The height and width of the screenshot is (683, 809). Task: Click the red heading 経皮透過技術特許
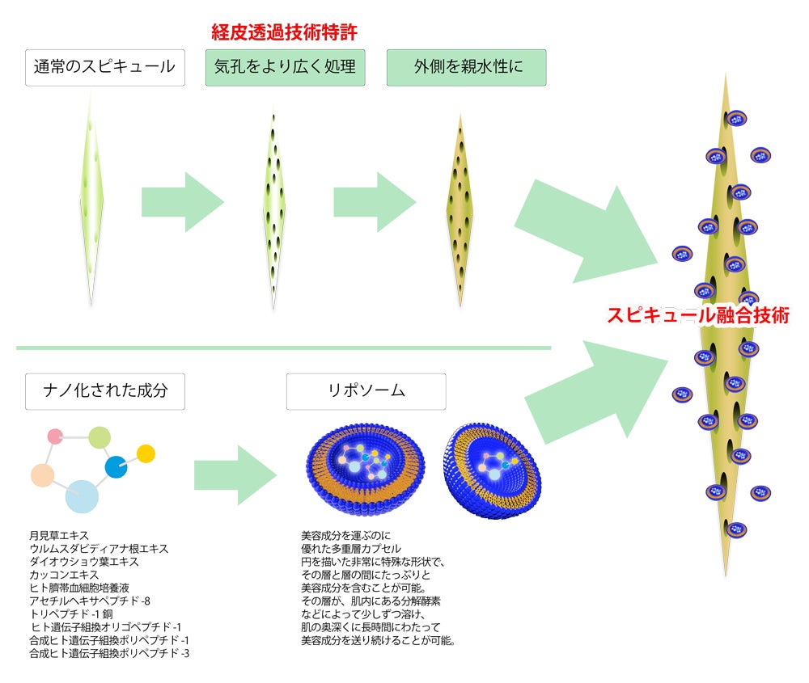pyautogui.click(x=284, y=33)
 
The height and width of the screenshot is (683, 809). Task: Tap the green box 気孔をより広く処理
pyautogui.click(x=285, y=67)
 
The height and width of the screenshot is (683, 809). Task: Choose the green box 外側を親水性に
pyautogui.click(x=466, y=67)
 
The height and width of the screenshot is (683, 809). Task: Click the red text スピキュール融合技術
pyautogui.click(x=697, y=315)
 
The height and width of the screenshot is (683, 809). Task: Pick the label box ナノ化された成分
pyautogui.click(x=105, y=390)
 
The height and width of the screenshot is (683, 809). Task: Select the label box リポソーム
pyautogui.click(x=366, y=390)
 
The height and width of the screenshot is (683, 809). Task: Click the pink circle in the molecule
pyautogui.click(x=56, y=437)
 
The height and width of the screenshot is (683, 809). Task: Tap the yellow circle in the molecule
pyautogui.click(x=146, y=453)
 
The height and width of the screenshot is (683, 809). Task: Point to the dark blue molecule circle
pyautogui.click(x=116, y=467)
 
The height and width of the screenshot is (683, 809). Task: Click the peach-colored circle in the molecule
pyautogui.click(x=42, y=475)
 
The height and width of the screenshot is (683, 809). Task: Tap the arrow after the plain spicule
pyautogui.click(x=182, y=202)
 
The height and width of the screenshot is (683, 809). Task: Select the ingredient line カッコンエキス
pyautogui.click(x=64, y=574)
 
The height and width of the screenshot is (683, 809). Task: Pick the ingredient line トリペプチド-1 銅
pyautogui.click(x=75, y=613)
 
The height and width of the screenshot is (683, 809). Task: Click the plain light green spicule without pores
pyautogui.click(x=91, y=198)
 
